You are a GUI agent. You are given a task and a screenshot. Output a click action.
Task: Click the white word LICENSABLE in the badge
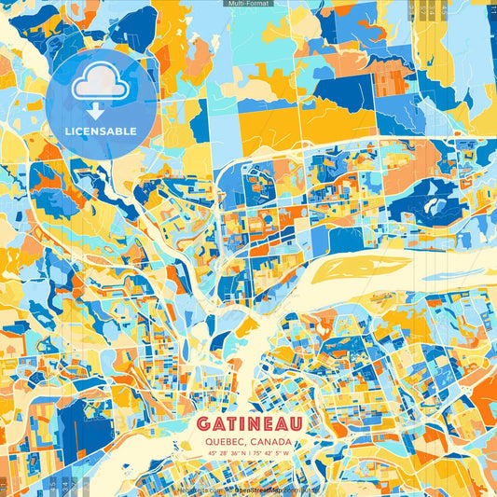(101, 130)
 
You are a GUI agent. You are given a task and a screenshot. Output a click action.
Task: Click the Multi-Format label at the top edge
(248, 4)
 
